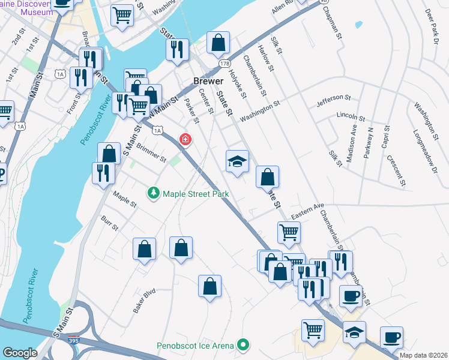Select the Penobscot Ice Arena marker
click(x=243, y=345)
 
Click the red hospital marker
click(x=185, y=140)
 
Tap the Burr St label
click(x=110, y=223)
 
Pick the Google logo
click(x=20, y=353)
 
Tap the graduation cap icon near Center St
click(x=237, y=161)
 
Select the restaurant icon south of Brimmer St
click(x=103, y=172)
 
